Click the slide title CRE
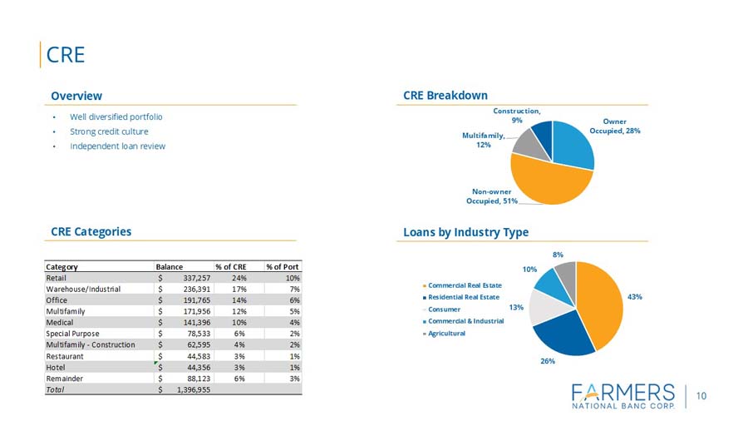[66, 55]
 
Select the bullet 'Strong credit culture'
[109, 131]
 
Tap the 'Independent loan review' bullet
[117, 146]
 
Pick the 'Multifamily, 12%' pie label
[482, 140]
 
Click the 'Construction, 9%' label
[516, 116]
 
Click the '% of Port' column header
[283, 266]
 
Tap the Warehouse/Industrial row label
[83, 289]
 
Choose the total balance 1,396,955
[189, 389]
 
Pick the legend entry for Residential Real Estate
[464, 297]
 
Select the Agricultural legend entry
[446, 333]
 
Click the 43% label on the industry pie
[635, 297]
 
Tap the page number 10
[701, 396]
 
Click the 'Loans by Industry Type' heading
[465, 232]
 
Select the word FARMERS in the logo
[623, 392]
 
